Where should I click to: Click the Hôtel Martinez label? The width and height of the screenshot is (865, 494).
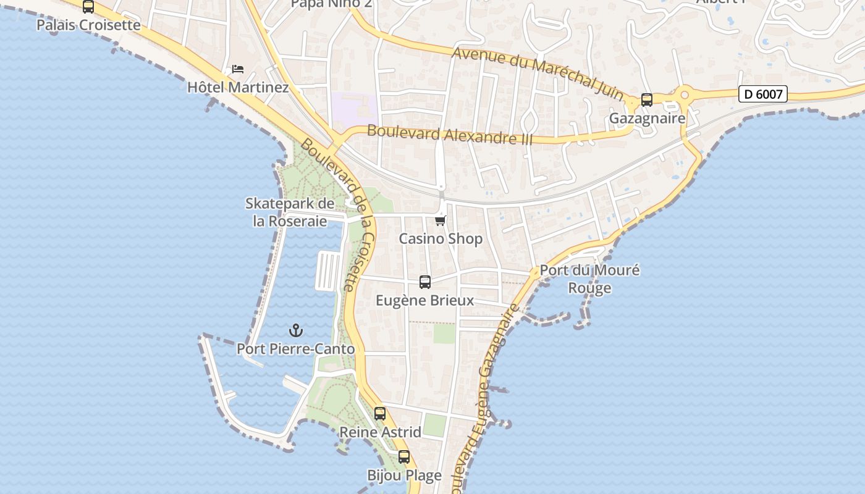[x=238, y=87]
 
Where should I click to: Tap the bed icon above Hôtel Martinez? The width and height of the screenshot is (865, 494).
[x=238, y=69]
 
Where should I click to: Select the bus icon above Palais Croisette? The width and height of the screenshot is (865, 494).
[x=88, y=7]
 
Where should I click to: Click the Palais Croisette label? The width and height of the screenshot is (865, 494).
[x=88, y=25]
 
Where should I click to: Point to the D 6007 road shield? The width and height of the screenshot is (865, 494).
[x=763, y=94]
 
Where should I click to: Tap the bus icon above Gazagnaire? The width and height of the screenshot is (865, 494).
[x=647, y=99]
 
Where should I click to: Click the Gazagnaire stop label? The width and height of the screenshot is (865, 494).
[x=647, y=118]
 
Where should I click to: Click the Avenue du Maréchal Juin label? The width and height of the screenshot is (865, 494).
[x=538, y=72]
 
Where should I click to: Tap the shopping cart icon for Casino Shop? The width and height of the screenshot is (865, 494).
[x=441, y=220]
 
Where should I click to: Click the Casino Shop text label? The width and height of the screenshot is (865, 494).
[x=441, y=238]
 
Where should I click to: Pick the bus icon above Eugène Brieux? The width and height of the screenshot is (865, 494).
[x=425, y=282]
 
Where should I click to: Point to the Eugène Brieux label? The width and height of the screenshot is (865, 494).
[x=425, y=301]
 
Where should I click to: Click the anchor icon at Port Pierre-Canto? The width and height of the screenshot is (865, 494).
[x=296, y=330]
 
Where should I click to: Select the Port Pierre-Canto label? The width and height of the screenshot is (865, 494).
[x=296, y=349]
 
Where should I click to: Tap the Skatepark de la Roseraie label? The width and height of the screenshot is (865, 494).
[x=290, y=212]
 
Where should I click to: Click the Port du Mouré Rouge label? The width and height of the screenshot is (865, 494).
[x=589, y=279]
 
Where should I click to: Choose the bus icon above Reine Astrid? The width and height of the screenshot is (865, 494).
[x=380, y=414]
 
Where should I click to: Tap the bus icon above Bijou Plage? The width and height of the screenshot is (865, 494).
[x=404, y=457]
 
